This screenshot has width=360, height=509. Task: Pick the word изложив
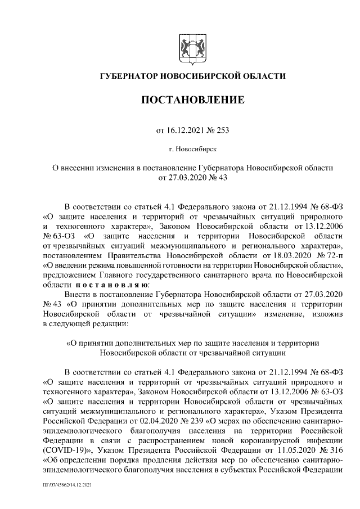[x=327, y=314]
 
